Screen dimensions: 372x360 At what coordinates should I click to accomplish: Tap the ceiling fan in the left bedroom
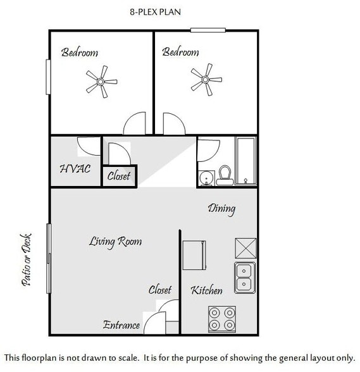[x=101, y=81]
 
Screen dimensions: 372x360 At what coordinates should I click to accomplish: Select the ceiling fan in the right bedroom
[x=206, y=80]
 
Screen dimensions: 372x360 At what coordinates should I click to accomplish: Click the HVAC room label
[x=75, y=169]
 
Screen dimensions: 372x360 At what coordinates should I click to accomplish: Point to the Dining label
[x=221, y=208]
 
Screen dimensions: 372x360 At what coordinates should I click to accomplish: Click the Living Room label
[x=115, y=241]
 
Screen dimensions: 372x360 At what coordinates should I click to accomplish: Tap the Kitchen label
[x=207, y=290]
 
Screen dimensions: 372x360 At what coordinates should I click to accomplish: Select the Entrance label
[x=121, y=325]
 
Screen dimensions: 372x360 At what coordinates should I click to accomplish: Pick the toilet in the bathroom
[x=225, y=175]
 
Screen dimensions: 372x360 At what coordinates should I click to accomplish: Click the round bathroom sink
[x=206, y=178]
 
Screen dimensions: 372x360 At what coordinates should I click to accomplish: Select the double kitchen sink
[x=245, y=277]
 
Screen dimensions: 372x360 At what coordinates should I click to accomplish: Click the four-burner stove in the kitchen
[x=221, y=319]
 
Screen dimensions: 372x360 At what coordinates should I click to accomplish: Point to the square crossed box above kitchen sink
[x=245, y=247]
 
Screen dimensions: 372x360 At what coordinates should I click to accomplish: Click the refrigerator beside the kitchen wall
[x=193, y=254]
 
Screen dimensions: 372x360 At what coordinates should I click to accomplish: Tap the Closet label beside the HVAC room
[x=118, y=176]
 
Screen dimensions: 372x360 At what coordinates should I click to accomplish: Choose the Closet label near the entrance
[x=160, y=290]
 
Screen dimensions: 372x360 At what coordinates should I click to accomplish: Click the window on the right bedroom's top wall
[x=208, y=29]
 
